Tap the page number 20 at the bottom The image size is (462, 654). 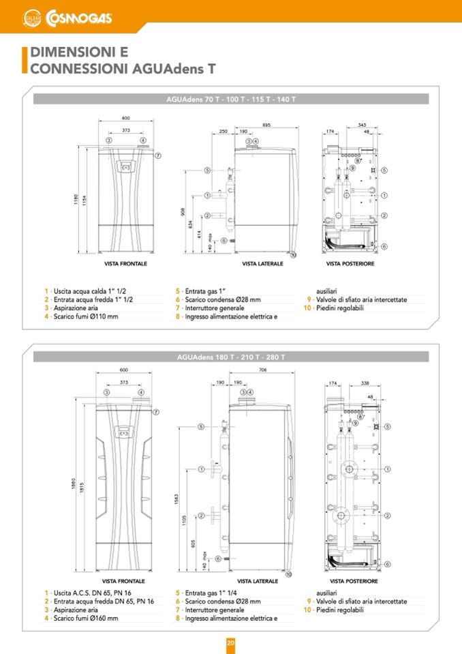point(230,642)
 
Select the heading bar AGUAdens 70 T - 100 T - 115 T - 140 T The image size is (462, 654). point(231,100)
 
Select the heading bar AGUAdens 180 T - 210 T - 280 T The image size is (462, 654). point(231,357)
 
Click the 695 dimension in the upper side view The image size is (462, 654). point(266,125)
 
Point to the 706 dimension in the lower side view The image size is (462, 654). point(263,371)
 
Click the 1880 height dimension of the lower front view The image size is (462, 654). point(74,484)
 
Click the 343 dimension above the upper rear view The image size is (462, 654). point(362,125)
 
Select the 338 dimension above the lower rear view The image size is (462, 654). point(365,383)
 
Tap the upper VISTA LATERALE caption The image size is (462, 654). point(262,263)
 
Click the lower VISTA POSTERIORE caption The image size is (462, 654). point(352,581)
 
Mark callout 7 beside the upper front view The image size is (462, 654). point(157,155)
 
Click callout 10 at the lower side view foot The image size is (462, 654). point(288,575)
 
